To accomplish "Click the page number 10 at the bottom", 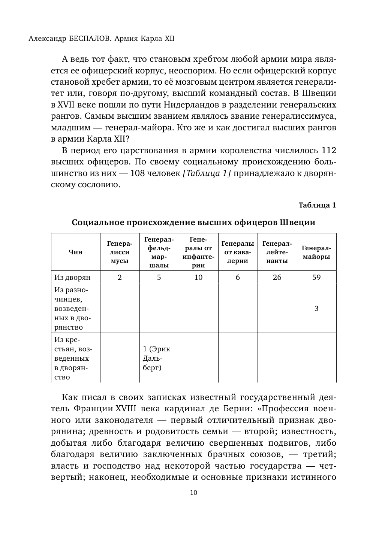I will coord(193,493).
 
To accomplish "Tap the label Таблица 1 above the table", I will coord(317,205).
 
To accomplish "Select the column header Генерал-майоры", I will coord(316,252).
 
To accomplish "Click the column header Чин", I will coord(75,252).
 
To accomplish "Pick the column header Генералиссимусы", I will coord(120,252).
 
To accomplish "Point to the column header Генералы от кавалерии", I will coord(238,252).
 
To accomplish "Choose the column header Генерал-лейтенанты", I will coord(277,252).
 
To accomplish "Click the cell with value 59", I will coord(316,277).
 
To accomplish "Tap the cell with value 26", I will coord(277,277).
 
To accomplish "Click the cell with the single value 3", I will coord(316,308).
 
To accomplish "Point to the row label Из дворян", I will coord(72,277).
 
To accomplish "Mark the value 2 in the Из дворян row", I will coord(120,277).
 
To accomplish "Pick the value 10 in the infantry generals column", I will coord(198,277).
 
